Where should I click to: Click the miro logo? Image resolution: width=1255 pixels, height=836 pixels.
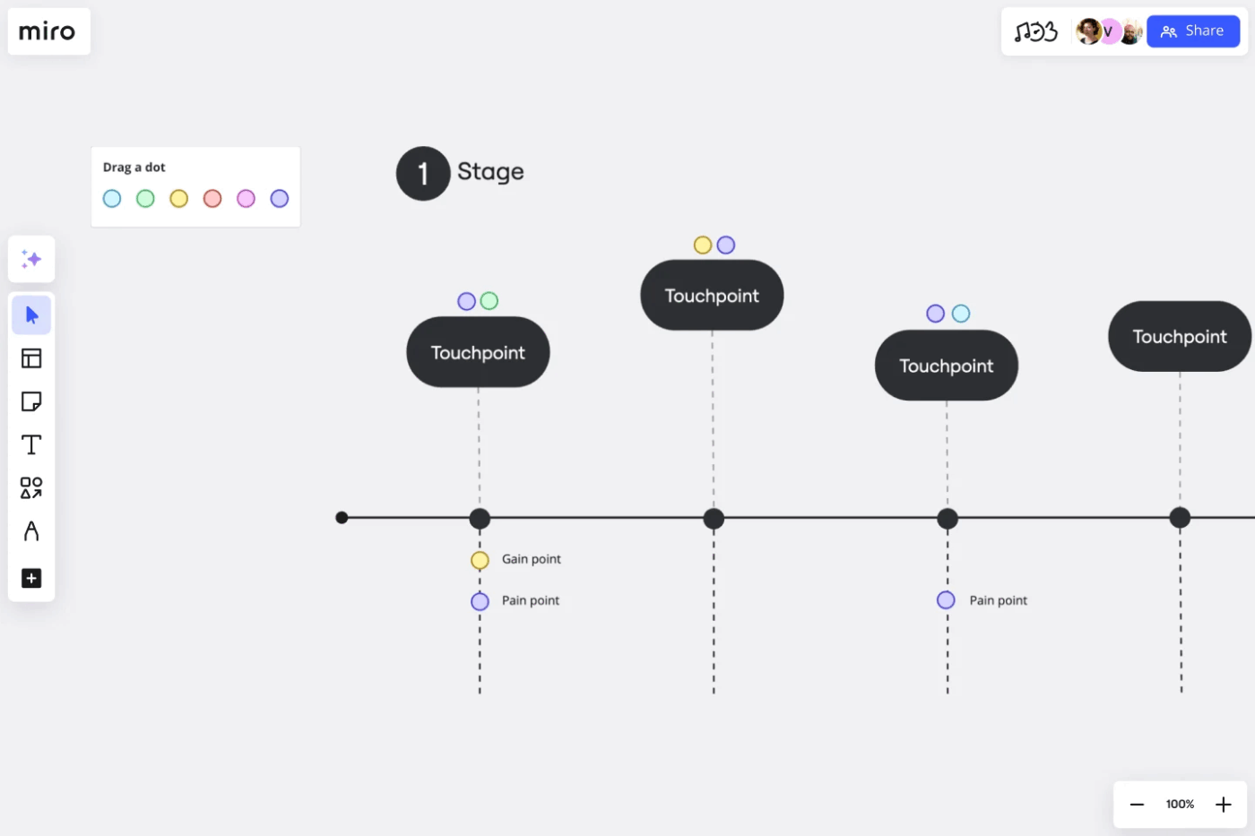48,31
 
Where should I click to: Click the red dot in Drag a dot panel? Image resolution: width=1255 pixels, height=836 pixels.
212,199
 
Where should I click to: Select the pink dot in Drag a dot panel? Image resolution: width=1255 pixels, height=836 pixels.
246,199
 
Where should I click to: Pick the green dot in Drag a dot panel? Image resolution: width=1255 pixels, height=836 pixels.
145,199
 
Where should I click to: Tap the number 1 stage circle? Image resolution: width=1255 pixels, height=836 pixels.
422,173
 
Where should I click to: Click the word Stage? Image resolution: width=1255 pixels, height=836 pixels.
490,172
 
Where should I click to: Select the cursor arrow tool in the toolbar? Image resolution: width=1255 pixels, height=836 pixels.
31,315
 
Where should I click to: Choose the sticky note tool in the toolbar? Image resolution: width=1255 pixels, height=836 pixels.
31,401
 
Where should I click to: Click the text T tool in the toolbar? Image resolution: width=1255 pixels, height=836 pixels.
31,444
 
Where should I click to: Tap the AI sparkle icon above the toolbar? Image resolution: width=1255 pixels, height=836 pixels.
31,259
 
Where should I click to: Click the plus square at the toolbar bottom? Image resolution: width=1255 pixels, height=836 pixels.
31,578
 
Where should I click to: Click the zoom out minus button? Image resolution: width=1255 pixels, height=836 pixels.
1137,805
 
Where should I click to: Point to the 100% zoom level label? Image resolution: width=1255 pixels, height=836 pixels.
1180,805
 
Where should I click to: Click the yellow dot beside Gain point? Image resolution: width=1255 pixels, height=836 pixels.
480,560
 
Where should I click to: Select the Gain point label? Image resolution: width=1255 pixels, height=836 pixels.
531,559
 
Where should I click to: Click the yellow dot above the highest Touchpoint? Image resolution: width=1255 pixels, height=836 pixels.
703,245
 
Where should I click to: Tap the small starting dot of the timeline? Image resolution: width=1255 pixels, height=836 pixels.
342,518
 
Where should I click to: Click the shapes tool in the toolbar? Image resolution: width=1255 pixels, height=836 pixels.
31,487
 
